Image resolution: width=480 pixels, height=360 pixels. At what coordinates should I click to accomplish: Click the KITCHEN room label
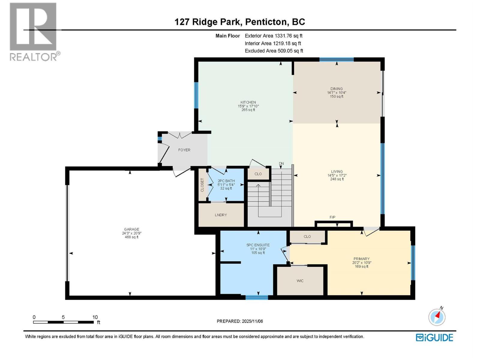click(248, 102)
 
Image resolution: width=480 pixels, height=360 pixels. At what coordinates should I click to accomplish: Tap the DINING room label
click(337, 89)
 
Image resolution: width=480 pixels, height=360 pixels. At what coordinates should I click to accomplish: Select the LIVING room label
click(337, 172)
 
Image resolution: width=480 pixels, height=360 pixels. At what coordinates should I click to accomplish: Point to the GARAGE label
click(131, 229)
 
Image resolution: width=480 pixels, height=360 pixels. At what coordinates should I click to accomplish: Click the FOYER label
click(184, 150)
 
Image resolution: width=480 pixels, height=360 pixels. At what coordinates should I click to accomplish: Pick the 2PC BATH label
click(226, 181)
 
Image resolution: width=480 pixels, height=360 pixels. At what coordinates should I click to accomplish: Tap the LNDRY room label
click(221, 215)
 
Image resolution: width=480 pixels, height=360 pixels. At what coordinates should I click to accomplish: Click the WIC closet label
click(300, 281)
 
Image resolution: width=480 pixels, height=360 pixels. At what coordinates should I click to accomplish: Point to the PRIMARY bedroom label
click(361, 259)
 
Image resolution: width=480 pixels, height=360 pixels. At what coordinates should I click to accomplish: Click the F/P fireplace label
click(332, 217)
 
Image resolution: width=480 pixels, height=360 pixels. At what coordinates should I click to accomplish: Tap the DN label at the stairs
click(281, 164)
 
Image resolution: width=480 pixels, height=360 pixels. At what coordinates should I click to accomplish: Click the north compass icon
click(437, 317)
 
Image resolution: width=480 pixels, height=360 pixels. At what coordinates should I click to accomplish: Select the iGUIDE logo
click(434, 337)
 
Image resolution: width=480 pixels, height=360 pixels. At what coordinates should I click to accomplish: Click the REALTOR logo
click(34, 31)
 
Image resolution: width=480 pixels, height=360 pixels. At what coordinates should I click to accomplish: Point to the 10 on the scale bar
click(95, 317)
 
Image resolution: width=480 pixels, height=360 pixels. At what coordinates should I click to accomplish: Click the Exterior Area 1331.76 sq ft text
click(274, 36)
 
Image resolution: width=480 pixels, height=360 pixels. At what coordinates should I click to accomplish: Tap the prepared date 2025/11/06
click(251, 321)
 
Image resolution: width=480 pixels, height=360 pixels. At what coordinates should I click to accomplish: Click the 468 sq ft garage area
click(131, 237)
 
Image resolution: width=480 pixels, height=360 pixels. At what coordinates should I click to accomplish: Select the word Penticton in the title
click(266, 22)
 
